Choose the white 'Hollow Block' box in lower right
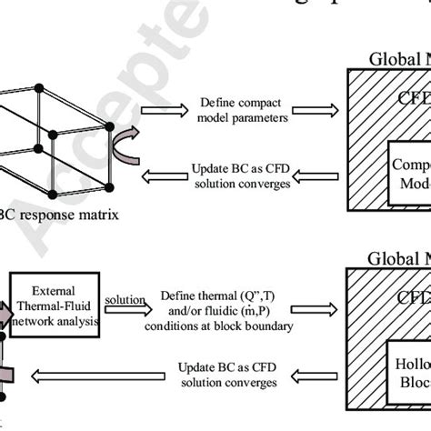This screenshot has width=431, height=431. pyautogui.click(x=406, y=378)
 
